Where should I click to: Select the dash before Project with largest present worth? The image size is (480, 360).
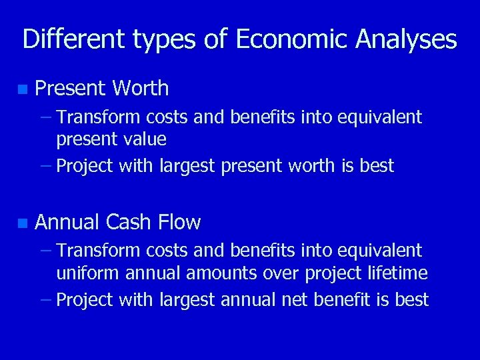point(45,165)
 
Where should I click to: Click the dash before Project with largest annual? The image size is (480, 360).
point(45,299)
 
